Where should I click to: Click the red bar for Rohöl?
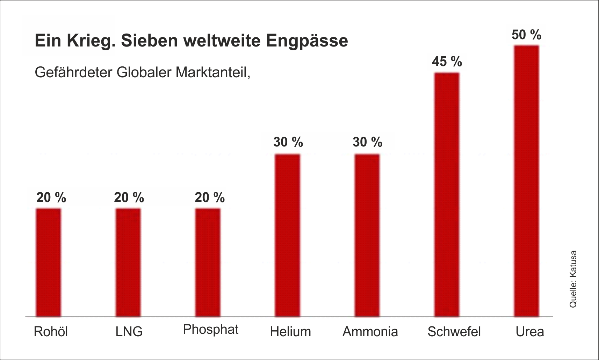click(49, 262)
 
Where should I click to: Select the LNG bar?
click(128, 262)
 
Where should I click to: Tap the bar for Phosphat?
click(208, 262)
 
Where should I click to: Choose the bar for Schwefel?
click(447, 194)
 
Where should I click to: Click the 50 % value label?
click(526, 35)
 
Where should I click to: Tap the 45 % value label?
click(447, 62)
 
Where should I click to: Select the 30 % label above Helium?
click(288, 142)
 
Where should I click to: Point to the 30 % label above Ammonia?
click(367, 142)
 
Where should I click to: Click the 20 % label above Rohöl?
click(51, 198)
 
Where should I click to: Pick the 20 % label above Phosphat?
click(209, 198)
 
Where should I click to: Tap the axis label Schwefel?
click(454, 331)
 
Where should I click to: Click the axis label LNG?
click(129, 332)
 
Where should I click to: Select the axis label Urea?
click(530, 331)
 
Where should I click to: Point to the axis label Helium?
click(290, 331)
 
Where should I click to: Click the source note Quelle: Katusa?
click(573, 279)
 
